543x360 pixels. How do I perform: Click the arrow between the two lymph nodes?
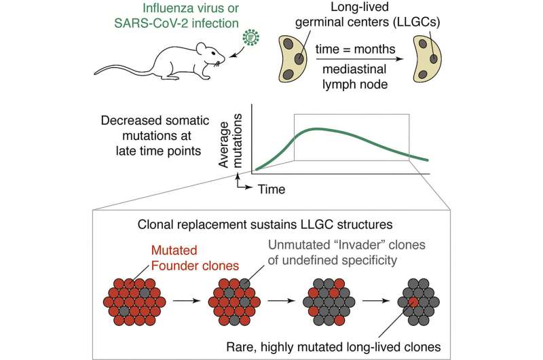[x=358, y=58]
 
